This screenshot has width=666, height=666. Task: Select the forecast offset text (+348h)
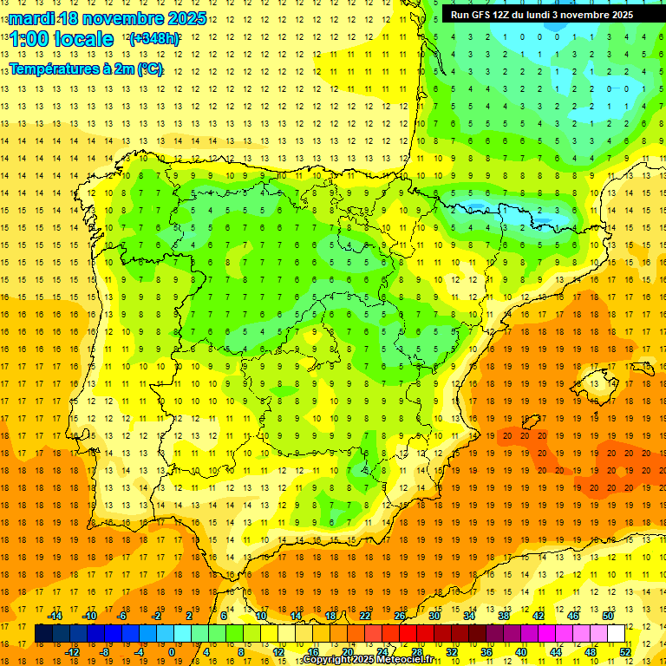click(x=154, y=39)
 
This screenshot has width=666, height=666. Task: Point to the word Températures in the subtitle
click(x=55, y=69)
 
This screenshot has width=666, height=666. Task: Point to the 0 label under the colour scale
click(x=171, y=652)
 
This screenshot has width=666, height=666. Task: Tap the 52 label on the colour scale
click(x=625, y=652)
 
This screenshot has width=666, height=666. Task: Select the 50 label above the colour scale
click(x=608, y=616)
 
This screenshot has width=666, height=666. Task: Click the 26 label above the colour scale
click(x=400, y=616)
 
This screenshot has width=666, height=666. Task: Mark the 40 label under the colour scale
click(x=521, y=652)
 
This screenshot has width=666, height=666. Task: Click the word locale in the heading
click(x=83, y=39)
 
